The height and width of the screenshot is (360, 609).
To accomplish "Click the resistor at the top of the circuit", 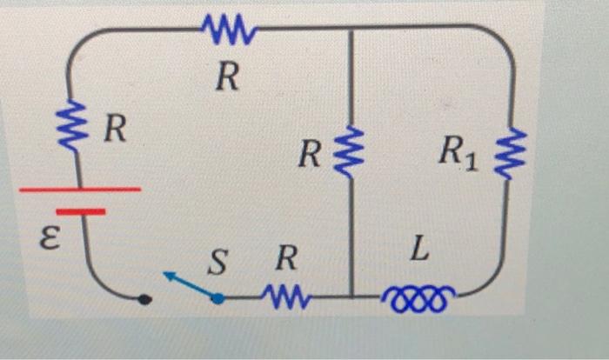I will pyautogui.click(x=228, y=33).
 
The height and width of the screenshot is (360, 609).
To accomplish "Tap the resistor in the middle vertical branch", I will pyautogui.click(x=351, y=153).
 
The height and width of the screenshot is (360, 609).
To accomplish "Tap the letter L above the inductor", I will pyautogui.click(x=420, y=253).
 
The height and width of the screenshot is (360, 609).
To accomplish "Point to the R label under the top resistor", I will pyautogui.click(x=227, y=78).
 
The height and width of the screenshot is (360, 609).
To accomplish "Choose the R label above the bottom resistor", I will pyautogui.click(x=284, y=257).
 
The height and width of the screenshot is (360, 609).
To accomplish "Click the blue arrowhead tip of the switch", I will pyautogui.click(x=166, y=275).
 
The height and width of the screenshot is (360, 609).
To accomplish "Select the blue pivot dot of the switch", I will pyautogui.click(x=218, y=298).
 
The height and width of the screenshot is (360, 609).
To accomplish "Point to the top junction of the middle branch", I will pyautogui.click(x=351, y=28).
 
